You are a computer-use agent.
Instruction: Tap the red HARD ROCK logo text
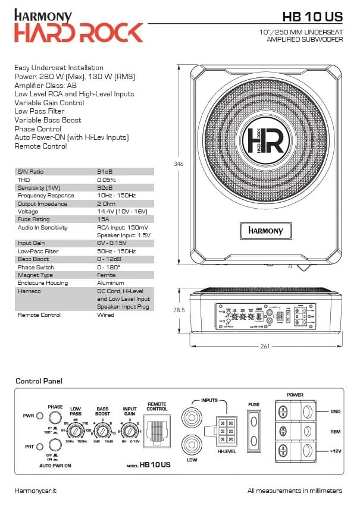79,32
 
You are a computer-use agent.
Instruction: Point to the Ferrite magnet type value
108,275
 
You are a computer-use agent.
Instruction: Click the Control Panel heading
39,381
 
